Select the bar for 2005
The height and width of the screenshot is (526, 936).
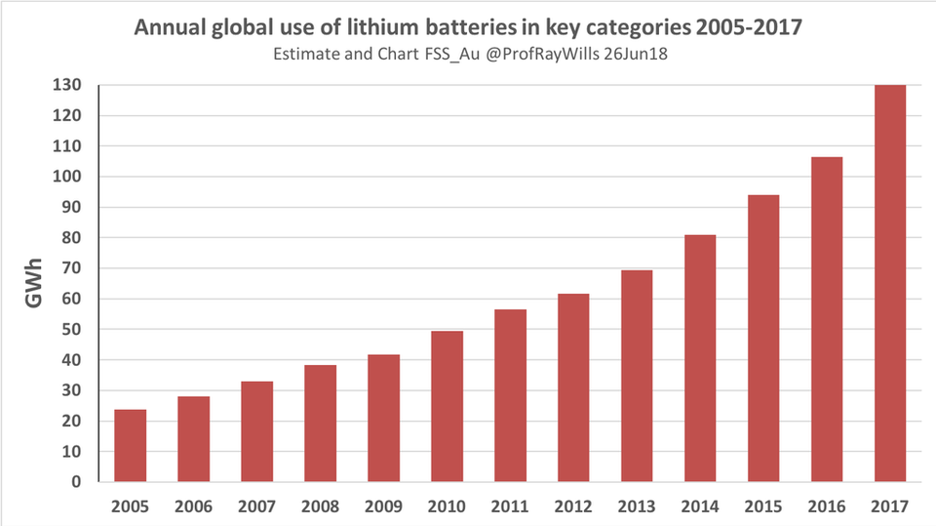click(131, 445)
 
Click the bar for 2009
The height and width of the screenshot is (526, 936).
click(383, 418)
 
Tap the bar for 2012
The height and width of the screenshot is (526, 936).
click(573, 387)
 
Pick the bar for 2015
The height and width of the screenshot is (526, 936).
click(763, 338)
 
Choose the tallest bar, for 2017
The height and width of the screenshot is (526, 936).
click(890, 283)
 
